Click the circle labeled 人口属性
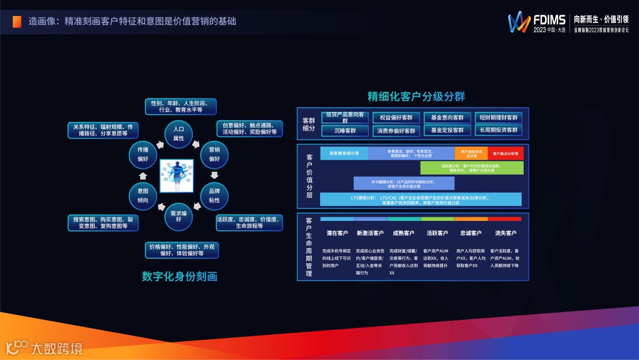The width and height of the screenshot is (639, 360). (178, 133)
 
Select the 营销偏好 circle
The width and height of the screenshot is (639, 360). (214, 154)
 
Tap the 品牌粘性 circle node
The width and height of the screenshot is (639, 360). (214, 196)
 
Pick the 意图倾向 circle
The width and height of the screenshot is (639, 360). (143, 195)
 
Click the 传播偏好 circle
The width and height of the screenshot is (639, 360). (143, 154)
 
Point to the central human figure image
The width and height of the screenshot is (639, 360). (178, 175)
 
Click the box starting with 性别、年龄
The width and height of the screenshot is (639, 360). (180, 107)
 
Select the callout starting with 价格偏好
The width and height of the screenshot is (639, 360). (181, 250)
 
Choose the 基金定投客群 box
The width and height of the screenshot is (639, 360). (447, 130)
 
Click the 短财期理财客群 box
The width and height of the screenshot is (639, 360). (498, 117)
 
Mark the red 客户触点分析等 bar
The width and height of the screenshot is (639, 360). (505, 153)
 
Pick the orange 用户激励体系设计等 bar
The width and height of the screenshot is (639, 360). (471, 153)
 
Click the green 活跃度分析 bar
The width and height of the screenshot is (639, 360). (472, 168)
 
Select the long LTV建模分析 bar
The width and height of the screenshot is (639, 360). (421, 200)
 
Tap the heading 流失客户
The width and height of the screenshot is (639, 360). (505, 233)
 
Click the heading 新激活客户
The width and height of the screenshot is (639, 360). (370, 233)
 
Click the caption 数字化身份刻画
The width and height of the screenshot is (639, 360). (180, 277)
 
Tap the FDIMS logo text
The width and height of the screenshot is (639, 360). (550, 20)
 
